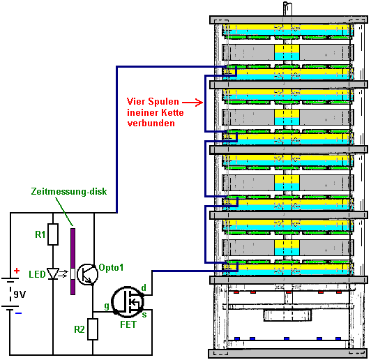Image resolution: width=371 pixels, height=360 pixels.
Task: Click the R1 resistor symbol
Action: pos(53,234)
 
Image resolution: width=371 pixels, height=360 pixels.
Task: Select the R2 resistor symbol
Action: pos(93,329)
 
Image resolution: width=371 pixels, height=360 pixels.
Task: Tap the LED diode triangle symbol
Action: pos(53,274)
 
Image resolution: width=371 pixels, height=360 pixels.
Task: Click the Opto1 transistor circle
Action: pos(87,275)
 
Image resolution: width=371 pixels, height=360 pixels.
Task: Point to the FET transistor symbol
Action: pos(128,302)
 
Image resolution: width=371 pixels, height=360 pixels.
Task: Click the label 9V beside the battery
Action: pos(20,294)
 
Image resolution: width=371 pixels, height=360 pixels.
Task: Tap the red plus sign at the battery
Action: pos(17,271)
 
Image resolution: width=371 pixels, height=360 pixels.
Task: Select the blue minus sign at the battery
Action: pos(18,313)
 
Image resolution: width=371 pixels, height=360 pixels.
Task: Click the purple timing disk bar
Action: pos(73,262)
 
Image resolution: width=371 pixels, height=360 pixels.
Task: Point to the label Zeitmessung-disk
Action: pos(69,191)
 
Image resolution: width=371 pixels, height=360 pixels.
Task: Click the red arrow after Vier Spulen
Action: pos(192,103)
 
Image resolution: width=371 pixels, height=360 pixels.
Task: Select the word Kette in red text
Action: pos(172,112)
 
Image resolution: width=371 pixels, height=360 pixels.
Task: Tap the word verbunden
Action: pos(151,123)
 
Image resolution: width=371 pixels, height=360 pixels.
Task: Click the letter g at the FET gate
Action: pos(107,306)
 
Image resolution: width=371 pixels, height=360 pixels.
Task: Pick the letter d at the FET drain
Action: pos(144,288)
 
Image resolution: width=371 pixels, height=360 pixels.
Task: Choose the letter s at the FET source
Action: pos(144,315)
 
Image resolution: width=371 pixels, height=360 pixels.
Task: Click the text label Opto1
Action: pos(111,267)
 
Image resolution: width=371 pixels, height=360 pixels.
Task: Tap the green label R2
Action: pos(79,329)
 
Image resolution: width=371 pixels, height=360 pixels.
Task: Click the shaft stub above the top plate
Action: pos(287,9)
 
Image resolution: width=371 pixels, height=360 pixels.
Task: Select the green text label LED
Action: pos(37,274)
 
